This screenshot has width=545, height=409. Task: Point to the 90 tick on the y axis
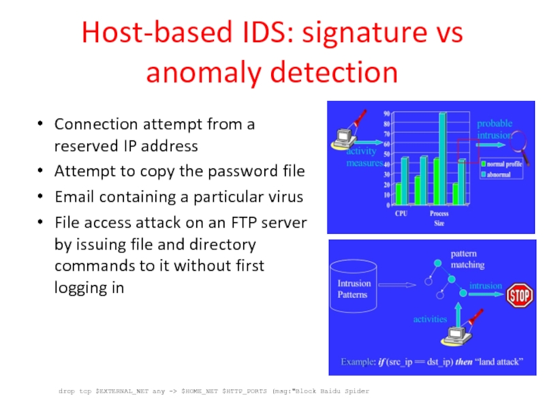(386, 113)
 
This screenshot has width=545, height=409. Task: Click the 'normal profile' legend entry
(505, 164)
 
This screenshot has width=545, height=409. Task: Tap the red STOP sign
(519, 295)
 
